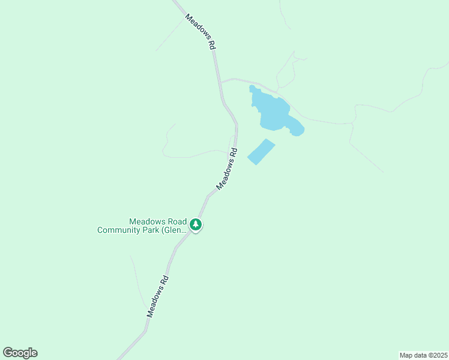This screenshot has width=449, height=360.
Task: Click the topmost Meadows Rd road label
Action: coord(200,32)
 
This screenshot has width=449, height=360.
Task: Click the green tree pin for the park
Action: coord(196,225)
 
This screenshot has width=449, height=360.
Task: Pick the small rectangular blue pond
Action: coord(261,152)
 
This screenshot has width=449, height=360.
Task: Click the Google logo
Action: coord(20,353)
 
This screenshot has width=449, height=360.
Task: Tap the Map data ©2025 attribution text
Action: coord(423,355)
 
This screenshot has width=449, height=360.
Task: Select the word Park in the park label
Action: coord(152,230)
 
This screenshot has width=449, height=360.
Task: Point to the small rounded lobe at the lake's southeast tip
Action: coord(298,130)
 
